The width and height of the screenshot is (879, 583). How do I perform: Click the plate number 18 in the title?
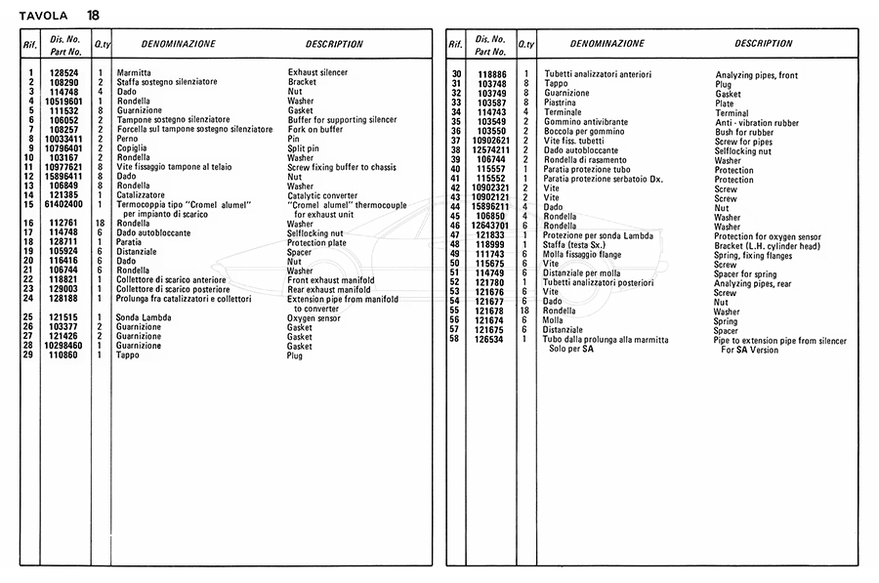tap(92, 15)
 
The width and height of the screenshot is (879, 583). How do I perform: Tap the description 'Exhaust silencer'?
tap(317, 73)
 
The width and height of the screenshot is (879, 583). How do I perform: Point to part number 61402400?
tap(63, 204)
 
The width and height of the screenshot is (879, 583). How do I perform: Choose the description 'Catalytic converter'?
tap(324, 195)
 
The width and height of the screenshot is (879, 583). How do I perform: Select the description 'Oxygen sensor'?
tap(314, 318)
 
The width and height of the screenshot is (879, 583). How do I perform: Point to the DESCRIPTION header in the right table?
tap(764, 44)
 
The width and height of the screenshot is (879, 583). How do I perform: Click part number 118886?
tap(492, 74)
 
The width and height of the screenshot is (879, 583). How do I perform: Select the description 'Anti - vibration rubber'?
tap(757, 123)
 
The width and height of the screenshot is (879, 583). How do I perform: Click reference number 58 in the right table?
tap(455, 340)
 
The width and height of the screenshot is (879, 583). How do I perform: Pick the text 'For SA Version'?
tap(750, 349)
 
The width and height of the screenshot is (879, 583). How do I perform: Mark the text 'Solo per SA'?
tap(567, 349)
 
